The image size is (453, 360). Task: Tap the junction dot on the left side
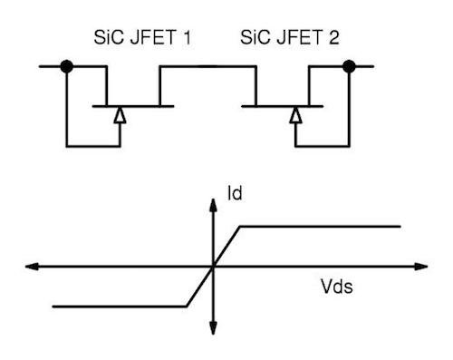click(x=66, y=66)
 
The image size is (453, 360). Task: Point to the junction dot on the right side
click(x=350, y=66)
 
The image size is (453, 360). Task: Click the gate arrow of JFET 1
click(x=119, y=115)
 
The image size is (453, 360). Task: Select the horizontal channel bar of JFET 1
click(x=133, y=106)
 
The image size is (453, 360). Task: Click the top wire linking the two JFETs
click(x=206, y=66)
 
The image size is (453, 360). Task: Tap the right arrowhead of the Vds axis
click(x=422, y=267)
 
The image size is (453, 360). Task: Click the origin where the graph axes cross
click(x=214, y=267)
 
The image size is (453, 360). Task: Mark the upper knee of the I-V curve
click(x=238, y=226)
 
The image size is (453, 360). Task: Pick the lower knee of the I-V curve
click(x=188, y=306)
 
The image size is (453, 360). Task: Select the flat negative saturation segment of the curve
click(x=118, y=306)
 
